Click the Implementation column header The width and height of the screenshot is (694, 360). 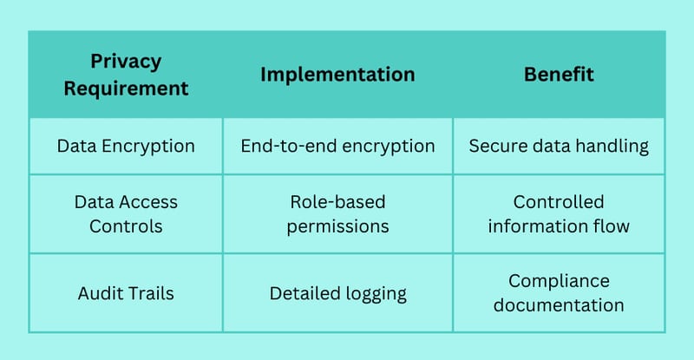[337, 75]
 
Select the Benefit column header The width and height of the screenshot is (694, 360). [559, 75]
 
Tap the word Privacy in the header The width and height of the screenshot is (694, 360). [126, 62]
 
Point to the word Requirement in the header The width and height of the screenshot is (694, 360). [126, 88]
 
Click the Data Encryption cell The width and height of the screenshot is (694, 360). [126, 146]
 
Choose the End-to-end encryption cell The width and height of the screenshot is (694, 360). [337, 146]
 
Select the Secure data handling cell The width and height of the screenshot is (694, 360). [559, 146]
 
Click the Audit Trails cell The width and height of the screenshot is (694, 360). [126, 293]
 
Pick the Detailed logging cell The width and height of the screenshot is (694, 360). [337, 294]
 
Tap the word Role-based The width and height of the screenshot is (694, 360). [337, 202]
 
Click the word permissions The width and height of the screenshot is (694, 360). [337, 226]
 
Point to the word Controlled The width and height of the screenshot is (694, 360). [559, 202]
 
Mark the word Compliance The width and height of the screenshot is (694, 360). [559, 282]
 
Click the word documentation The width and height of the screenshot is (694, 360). [559, 305]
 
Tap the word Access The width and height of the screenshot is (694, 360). [147, 202]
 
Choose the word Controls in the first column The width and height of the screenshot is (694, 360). [126, 226]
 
